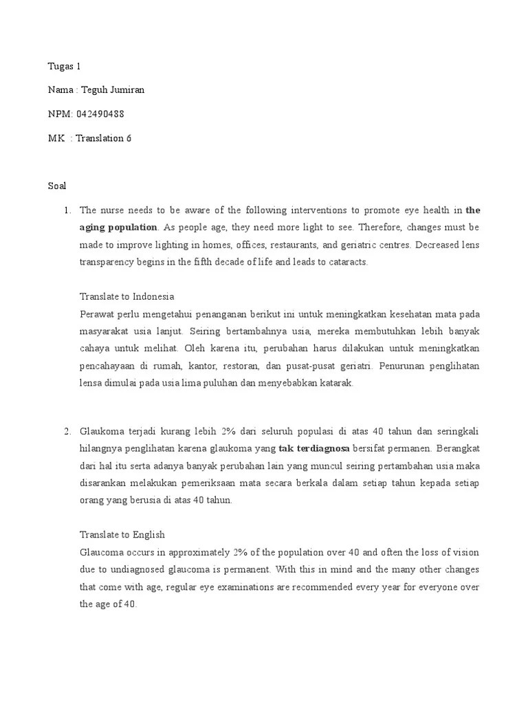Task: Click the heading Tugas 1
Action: [64, 67]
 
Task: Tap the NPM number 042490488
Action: [100, 114]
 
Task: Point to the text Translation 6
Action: [103, 138]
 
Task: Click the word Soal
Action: [57, 186]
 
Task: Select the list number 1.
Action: [67, 210]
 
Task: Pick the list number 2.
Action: [67, 431]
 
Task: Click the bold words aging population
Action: [119, 227]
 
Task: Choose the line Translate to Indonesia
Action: [127, 296]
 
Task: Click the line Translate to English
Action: [122, 534]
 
